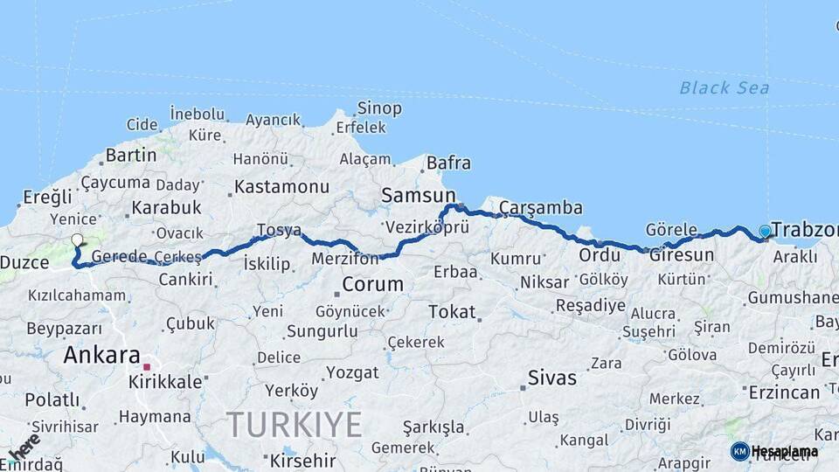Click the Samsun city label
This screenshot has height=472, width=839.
pyautogui.click(x=418, y=196)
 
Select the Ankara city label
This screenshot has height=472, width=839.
pyautogui.click(x=101, y=355)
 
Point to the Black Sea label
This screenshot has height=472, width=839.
pyautogui.click(x=725, y=87)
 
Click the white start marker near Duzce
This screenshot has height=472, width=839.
pyautogui.click(x=77, y=239)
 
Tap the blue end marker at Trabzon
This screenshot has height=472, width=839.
pyautogui.click(x=766, y=231)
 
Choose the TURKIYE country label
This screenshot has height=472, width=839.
pyautogui.click(x=295, y=425)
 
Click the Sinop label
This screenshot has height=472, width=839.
pyautogui.click(x=379, y=108)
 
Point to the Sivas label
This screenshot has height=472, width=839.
pyautogui.click(x=552, y=378)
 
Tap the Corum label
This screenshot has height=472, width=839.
pyautogui.click(x=372, y=284)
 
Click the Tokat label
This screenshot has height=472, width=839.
pyautogui.click(x=452, y=311)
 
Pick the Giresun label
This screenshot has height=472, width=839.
pyautogui.click(x=681, y=254)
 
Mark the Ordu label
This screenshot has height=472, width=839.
pyautogui.click(x=599, y=254)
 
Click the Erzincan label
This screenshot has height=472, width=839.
pyautogui.click(x=784, y=392)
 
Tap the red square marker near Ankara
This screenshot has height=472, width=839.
pyautogui.click(x=147, y=367)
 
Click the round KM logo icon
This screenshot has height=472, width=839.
pyautogui.click(x=739, y=451)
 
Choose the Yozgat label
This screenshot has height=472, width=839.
pyautogui.click(x=352, y=372)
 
